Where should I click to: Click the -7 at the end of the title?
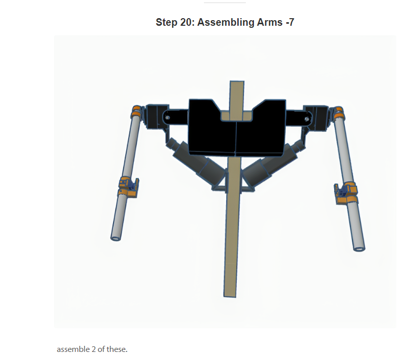(289, 23)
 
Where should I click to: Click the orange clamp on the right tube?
(348, 194)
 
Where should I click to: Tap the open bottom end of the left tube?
(116, 237)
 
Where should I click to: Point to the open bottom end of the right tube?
(359, 247)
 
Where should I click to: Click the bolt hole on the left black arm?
(167, 117)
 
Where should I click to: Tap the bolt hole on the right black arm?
(306, 119)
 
